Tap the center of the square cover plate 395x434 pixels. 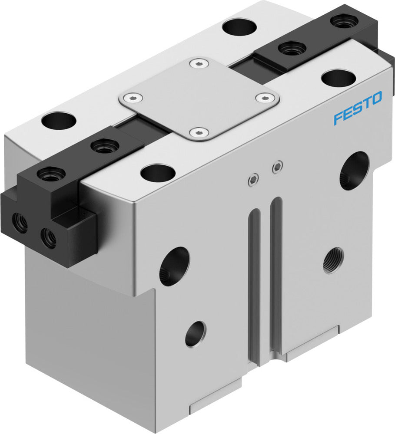tap(199, 99)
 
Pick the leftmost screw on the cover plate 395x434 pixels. tap(129, 97)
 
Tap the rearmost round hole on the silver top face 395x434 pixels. tap(238, 27)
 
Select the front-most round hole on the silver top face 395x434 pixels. tap(158, 173)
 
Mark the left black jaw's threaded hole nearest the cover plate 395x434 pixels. tap(105, 146)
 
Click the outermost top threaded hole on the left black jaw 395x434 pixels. tap(51, 174)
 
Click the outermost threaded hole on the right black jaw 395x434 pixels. tap(344, 21)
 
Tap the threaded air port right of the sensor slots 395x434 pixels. tap(333, 260)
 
